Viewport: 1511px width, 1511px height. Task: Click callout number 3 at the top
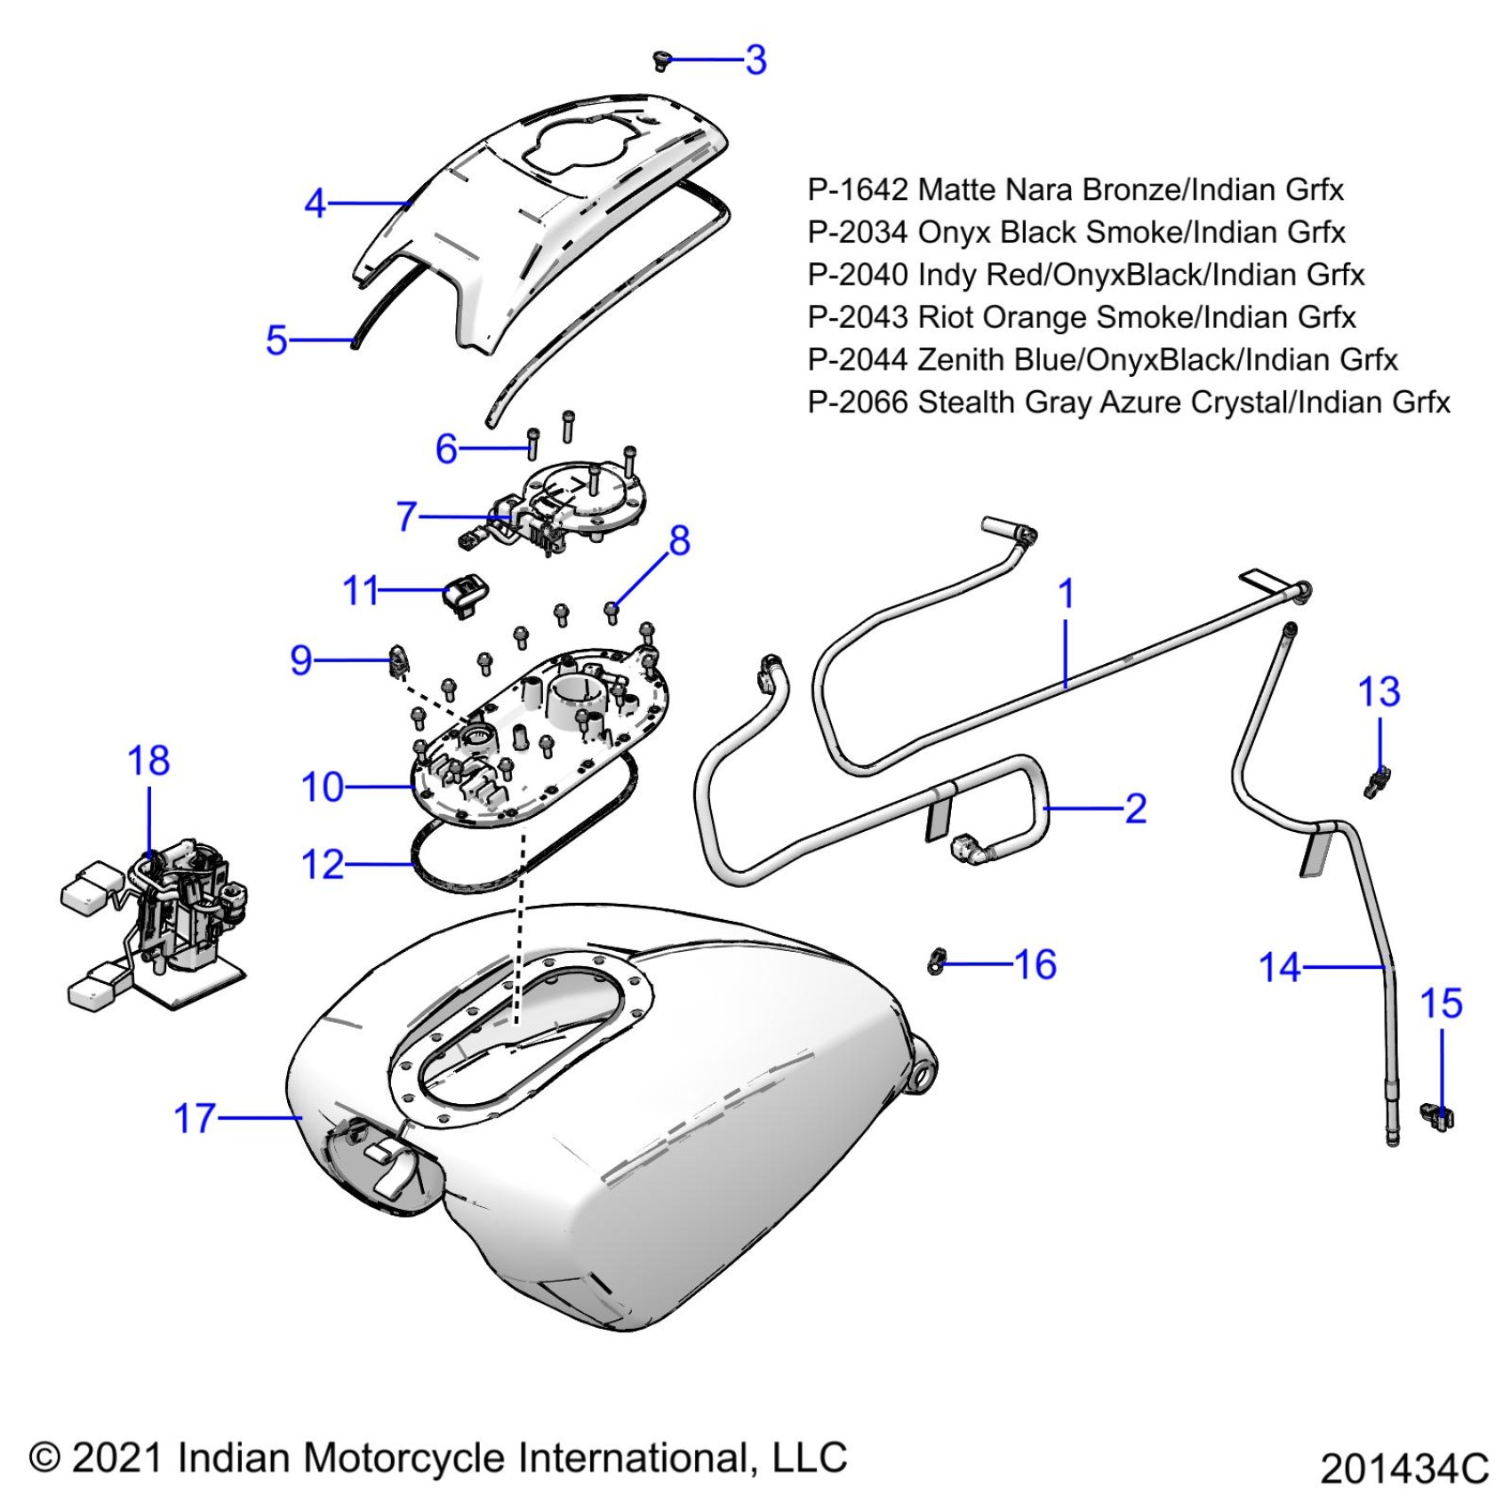pyautogui.click(x=755, y=60)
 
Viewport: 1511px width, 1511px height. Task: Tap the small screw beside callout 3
pyautogui.click(x=660, y=60)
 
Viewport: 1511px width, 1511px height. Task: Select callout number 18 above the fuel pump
pyautogui.click(x=148, y=761)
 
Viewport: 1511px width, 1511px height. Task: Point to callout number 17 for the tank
pyautogui.click(x=195, y=1118)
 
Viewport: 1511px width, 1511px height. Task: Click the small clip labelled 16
pyautogui.click(x=936, y=961)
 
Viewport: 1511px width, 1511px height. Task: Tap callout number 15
pyautogui.click(x=1441, y=1003)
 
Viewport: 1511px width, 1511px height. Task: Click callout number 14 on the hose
pyautogui.click(x=1280, y=967)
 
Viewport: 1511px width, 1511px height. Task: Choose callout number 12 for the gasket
pyautogui.click(x=323, y=864)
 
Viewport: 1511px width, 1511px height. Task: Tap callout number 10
pyautogui.click(x=322, y=787)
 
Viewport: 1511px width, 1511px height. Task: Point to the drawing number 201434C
pyautogui.click(x=1403, y=1469)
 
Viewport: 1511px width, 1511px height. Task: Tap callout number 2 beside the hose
pyautogui.click(x=1135, y=809)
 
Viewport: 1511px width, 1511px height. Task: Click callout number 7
pyautogui.click(x=407, y=516)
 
